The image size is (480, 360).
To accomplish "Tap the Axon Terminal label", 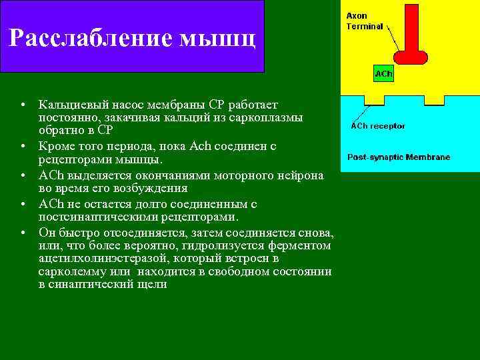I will coord(365,21).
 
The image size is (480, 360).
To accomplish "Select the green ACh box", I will coord(383,74).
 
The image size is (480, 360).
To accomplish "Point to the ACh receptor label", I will coord(378,126).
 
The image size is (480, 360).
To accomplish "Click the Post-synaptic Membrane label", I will coord(399,157).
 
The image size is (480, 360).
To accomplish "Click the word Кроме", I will coord(55,146).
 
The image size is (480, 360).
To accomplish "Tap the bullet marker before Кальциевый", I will coord(23,105).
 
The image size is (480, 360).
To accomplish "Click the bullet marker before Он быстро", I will coord(23,233).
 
